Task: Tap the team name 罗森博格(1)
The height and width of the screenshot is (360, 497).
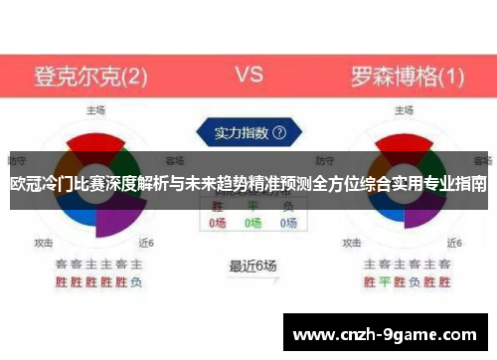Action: click(x=407, y=76)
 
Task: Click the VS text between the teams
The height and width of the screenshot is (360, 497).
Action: click(x=248, y=74)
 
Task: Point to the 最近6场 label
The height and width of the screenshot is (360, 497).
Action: click(x=252, y=266)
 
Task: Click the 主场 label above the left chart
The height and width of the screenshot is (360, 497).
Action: click(x=96, y=109)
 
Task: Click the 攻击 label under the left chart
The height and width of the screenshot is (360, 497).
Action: click(x=44, y=241)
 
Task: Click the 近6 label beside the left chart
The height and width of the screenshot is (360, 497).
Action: click(x=146, y=241)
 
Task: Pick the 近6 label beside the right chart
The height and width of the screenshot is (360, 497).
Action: click(x=454, y=241)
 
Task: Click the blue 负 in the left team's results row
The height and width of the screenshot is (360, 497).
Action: click(x=135, y=281)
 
